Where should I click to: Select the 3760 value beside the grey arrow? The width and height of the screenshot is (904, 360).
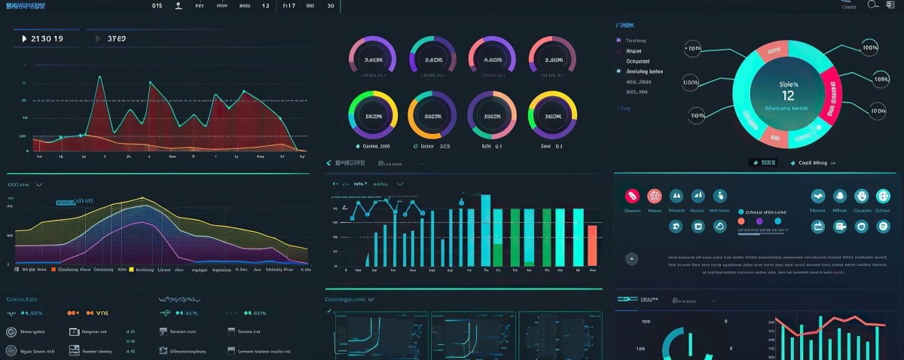coord(117,38)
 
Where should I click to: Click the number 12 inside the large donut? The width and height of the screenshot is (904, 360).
coord(788,96)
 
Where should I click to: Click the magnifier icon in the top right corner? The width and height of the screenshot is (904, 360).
coord(873,5)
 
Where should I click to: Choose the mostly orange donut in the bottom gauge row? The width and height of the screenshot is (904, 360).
coord(432,116)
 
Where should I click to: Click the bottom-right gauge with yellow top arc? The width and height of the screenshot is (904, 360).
coord(552,116)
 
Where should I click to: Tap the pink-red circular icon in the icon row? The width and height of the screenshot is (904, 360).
coord(632,196)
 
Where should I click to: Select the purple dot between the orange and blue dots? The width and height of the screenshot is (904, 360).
coord(759,221)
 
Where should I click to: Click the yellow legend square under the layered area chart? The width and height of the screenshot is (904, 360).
coord(131,269)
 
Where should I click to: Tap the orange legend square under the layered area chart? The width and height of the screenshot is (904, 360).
coord(53,269)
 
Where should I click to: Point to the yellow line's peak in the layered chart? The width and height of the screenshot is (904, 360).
coord(142,198)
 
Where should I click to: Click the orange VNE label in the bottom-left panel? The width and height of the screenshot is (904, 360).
coord(96,313)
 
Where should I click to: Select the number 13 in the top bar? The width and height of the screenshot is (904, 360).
coord(265,6)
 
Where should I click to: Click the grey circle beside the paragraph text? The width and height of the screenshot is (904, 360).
coord(631,258)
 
